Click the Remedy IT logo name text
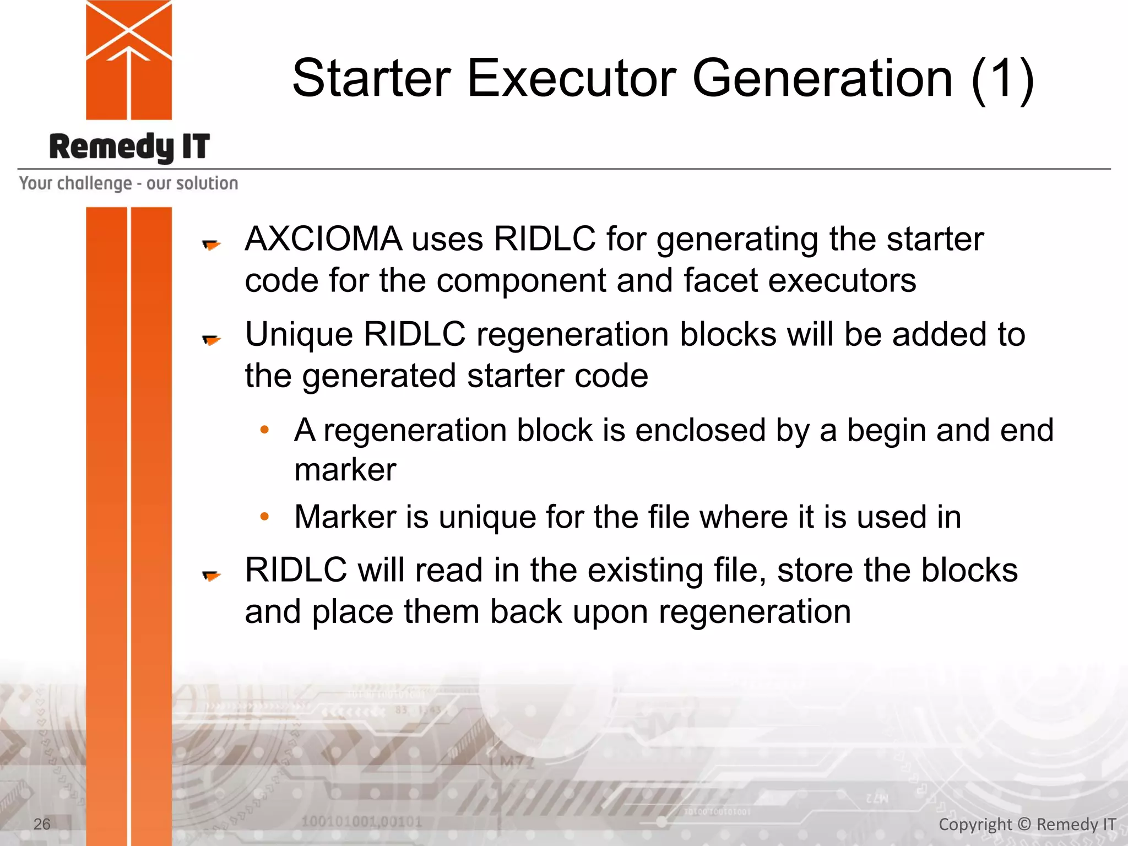tap(129, 148)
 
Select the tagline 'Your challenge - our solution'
tap(128, 183)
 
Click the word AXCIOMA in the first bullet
tap(323, 239)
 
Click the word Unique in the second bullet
tap(299, 334)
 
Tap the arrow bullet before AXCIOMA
tap(211, 244)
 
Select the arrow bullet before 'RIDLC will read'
tap(211, 576)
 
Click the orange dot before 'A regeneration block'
tap(265, 429)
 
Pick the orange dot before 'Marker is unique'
tap(265, 516)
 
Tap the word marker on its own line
tap(345, 470)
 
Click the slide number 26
tap(42, 824)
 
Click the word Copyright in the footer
tap(975, 825)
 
